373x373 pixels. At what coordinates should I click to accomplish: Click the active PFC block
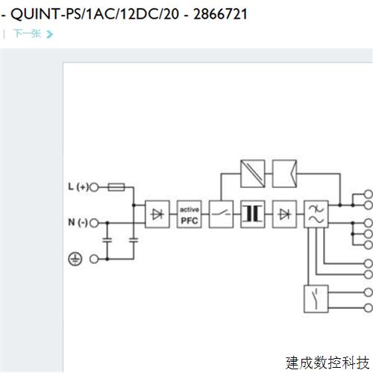pyautogui.click(x=189, y=214)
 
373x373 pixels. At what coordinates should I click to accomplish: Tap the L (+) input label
pyautogui.click(x=77, y=186)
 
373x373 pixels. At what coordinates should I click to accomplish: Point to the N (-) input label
pyautogui.click(x=77, y=222)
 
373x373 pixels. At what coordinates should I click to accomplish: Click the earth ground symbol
pyautogui.click(x=75, y=258)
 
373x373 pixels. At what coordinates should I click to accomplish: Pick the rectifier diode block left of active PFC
pyautogui.click(x=157, y=214)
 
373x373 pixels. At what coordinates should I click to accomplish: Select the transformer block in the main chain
pyautogui.click(x=253, y=214)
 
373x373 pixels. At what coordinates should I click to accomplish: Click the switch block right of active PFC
pyautogui.click(x=221, y=214)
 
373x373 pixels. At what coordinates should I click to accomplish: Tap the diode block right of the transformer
pyautogui.click(x=284, y=214)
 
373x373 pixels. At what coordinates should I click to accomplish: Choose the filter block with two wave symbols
pyautogui.click(x=316, y=214)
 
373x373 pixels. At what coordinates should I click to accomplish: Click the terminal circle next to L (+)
pyautogui.click(x=95, y=186)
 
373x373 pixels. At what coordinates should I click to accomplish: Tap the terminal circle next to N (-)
pyautogui.click(x=95, y=222)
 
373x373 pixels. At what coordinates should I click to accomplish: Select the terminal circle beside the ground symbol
pyautogui.click(x=95, y=258)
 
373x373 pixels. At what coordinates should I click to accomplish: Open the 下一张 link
pyautogui.click(x=26, y=34)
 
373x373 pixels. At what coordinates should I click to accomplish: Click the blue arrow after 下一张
pyautogui.click(x=49, y=34)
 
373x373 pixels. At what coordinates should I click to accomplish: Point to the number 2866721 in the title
pyautogui.click(x=219, y=13)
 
